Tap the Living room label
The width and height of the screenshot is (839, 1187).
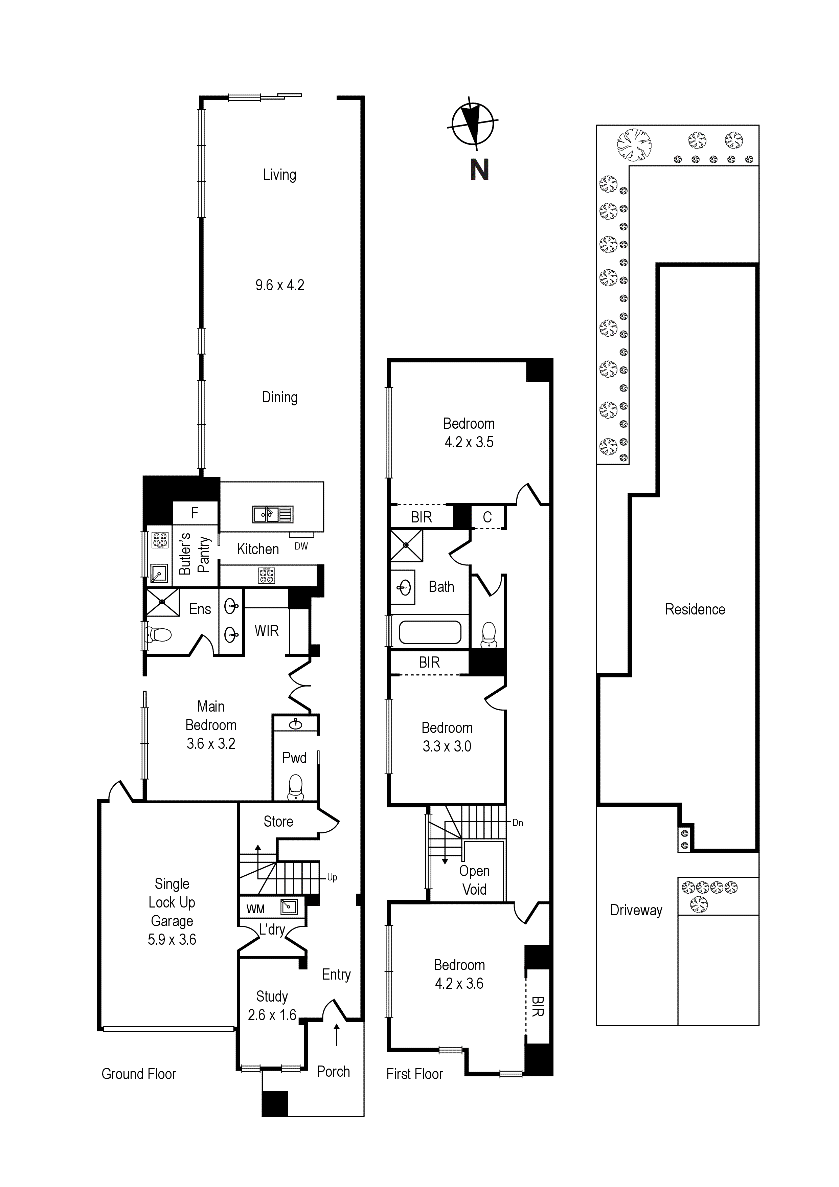(x=280, y=175)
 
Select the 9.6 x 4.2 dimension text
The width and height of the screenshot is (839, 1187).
(x=280, y=285)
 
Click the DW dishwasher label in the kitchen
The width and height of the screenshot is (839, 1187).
(x=301, y=546)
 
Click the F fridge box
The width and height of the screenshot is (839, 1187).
(x=195, y=513)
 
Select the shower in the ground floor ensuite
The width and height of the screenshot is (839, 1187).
(x=163, y=602)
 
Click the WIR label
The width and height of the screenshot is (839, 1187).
(x=267, y=631)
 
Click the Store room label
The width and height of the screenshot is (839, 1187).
(x=278, y=822)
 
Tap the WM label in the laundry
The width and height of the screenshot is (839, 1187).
(x=255, y=909)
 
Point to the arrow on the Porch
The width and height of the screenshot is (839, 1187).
(x=337, y=1034)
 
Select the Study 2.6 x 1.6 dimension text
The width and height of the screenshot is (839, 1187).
(x=272, y=1015)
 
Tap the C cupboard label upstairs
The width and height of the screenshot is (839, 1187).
(x=487, y=517)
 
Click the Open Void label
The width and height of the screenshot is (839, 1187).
(x=474, y=880)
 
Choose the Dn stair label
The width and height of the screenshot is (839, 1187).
(x=518, y=823)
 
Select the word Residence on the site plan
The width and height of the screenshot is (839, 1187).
(x=695, y=609)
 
